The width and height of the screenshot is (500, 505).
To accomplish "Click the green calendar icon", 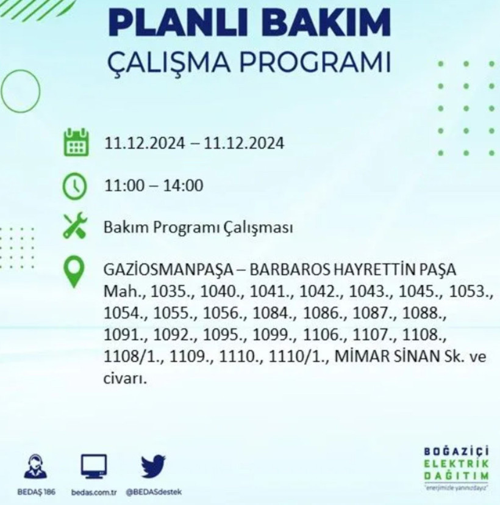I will click(x=76, y=144).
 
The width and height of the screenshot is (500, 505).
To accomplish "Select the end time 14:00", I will click(x=183, y=186).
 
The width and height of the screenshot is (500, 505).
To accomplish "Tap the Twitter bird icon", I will click(x=154, y=467).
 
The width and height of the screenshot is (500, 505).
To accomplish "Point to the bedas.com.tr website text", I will click(x=93, y=492).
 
